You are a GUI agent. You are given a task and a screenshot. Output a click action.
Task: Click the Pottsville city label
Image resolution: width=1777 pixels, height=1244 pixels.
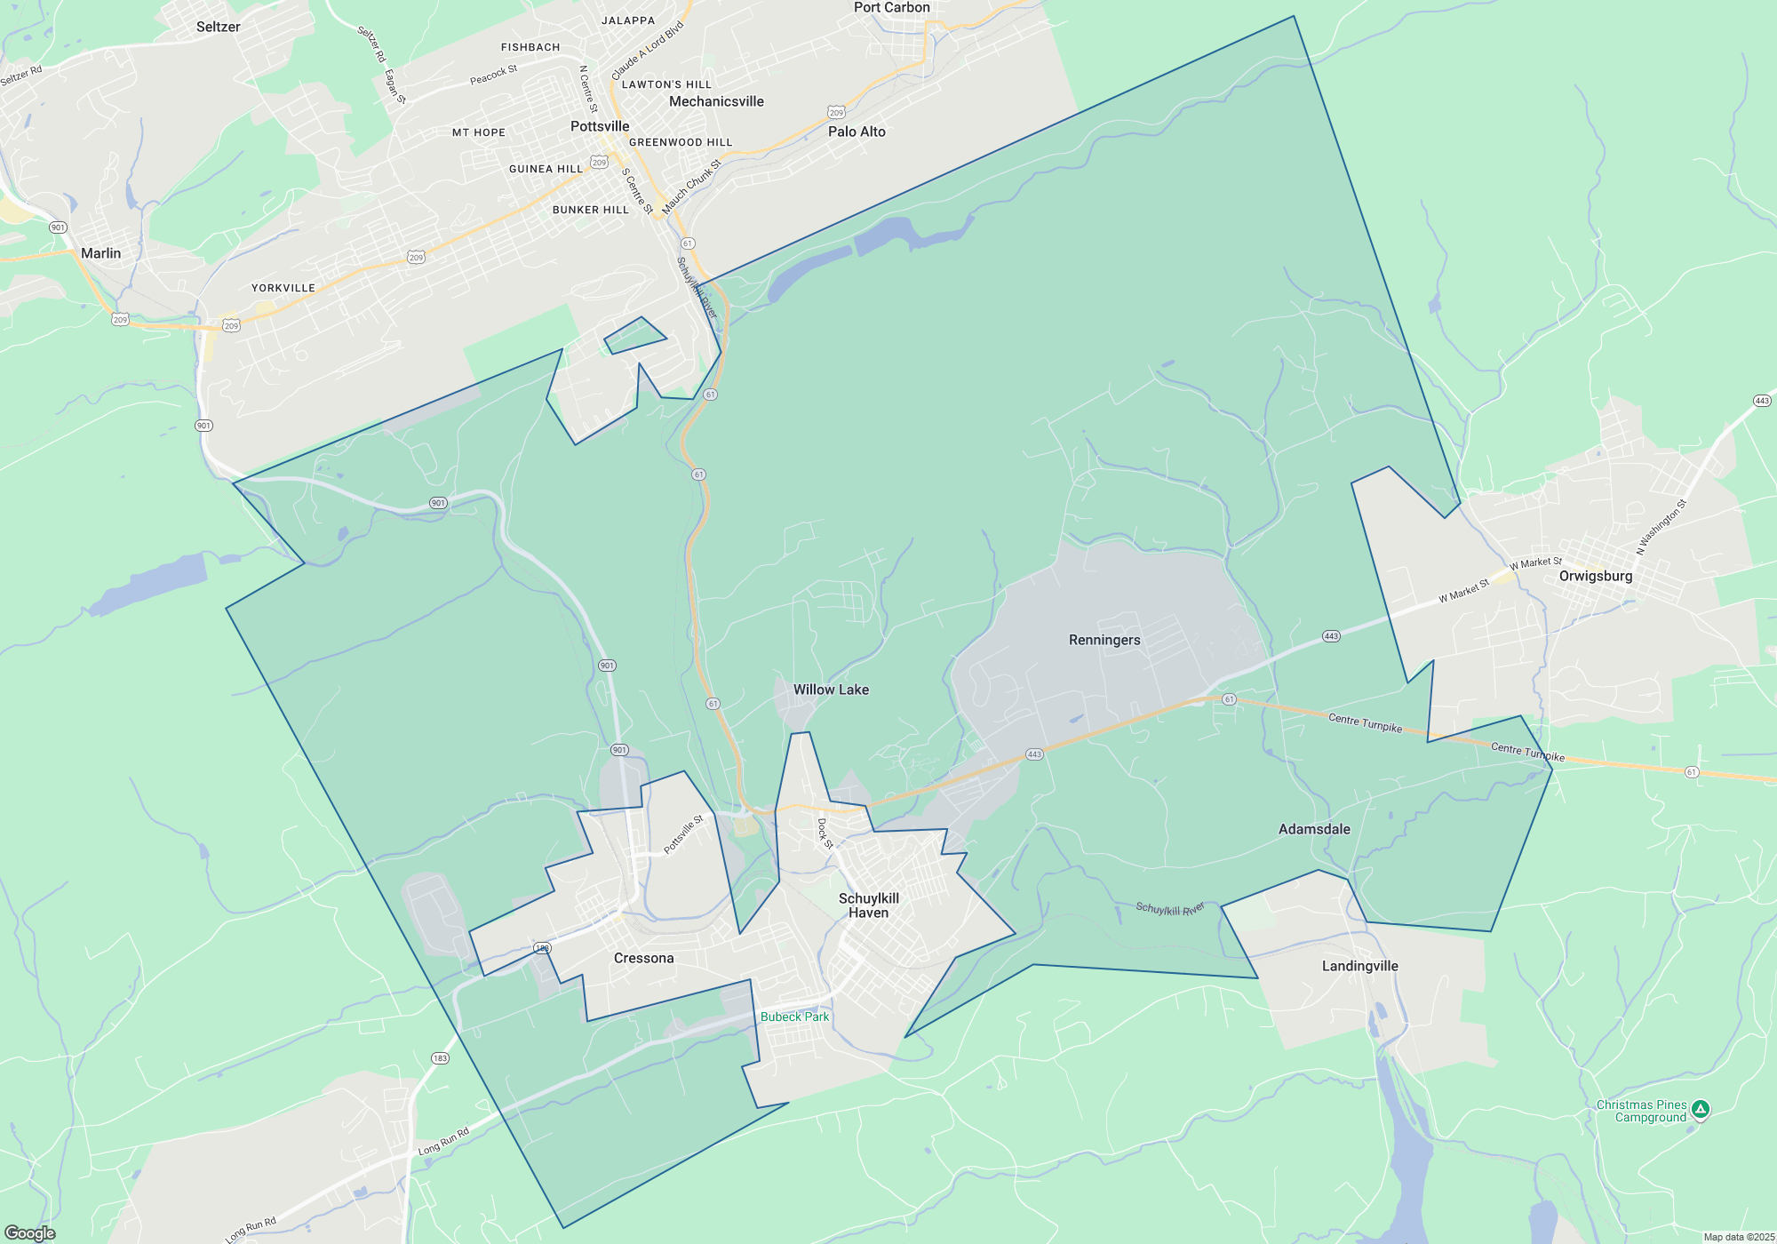[600, 126]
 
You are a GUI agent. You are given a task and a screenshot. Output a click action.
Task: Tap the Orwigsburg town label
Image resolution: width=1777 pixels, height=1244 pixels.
[1596, 576]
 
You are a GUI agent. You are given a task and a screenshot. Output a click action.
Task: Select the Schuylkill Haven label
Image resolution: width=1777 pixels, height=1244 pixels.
[868, 905]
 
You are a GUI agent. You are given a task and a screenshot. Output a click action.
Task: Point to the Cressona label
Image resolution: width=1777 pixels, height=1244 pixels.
[643, 958]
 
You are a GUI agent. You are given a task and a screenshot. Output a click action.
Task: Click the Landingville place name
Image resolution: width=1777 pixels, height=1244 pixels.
[1359, 966]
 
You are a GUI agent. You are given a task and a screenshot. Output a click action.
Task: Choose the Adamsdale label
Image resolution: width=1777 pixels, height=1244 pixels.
[1314, 829]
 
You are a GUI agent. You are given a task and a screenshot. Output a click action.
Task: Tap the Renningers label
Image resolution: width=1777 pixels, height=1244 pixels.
[1104, 640]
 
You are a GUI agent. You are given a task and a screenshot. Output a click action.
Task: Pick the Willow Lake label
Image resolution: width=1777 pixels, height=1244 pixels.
[831, 690]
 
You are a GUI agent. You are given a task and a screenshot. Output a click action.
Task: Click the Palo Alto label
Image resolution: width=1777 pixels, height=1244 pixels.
[857, 132]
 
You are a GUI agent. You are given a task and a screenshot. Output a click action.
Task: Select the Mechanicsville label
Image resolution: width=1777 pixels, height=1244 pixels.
[716, 101]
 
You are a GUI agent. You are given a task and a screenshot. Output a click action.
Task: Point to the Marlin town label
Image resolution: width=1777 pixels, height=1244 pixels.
[100, 253]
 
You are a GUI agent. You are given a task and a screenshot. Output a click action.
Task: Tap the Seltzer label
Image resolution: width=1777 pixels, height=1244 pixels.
[218, 27]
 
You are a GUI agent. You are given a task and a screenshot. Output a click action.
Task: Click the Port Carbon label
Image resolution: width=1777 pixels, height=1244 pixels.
[891, 8]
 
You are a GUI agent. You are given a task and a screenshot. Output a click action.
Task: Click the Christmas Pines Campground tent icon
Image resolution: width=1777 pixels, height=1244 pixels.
[1700, 1109]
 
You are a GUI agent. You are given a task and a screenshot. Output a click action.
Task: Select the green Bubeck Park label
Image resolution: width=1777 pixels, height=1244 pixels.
[794, 1017]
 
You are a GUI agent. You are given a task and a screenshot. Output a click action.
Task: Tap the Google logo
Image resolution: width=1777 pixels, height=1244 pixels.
[30, 1232]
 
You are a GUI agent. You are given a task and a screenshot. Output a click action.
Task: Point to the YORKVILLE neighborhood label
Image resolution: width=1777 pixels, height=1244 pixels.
[283, 288]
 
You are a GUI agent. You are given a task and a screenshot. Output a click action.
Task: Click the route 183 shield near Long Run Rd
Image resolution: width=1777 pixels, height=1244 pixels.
[440, 1058]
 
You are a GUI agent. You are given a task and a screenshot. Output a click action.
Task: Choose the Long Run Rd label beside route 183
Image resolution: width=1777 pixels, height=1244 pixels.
[442, 1142]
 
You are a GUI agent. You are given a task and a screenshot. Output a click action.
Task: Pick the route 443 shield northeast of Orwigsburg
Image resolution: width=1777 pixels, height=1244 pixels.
[1762, 401]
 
